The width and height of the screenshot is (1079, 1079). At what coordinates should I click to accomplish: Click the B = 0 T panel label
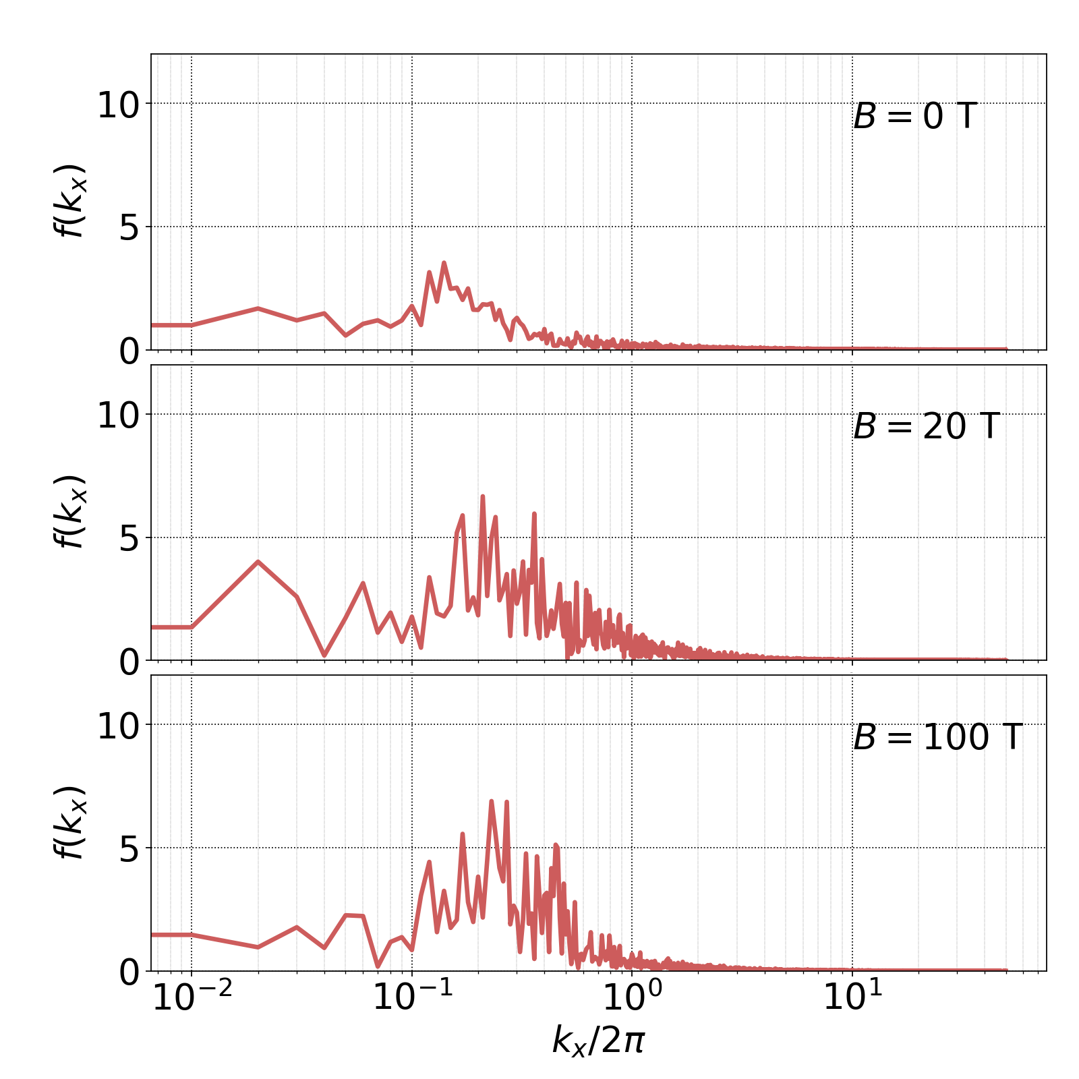pos(914,117)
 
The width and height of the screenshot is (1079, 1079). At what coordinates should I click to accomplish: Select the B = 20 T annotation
pos(925,427)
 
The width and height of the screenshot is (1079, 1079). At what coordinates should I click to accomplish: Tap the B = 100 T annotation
pos(937,737)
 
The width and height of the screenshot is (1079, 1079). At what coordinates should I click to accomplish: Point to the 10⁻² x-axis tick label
pos(192,997)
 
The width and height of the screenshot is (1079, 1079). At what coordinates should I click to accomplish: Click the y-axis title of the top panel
pos(69,200)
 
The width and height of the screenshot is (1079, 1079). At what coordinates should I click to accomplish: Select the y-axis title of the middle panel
pos(69,511)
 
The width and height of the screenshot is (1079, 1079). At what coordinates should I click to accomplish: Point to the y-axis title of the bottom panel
pos(69,822)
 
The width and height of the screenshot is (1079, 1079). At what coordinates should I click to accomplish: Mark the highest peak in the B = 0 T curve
pos(444,262)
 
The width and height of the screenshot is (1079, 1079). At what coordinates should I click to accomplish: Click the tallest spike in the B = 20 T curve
pos(482,496)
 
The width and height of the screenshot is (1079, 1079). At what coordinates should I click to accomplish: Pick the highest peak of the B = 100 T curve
pos(491,801)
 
